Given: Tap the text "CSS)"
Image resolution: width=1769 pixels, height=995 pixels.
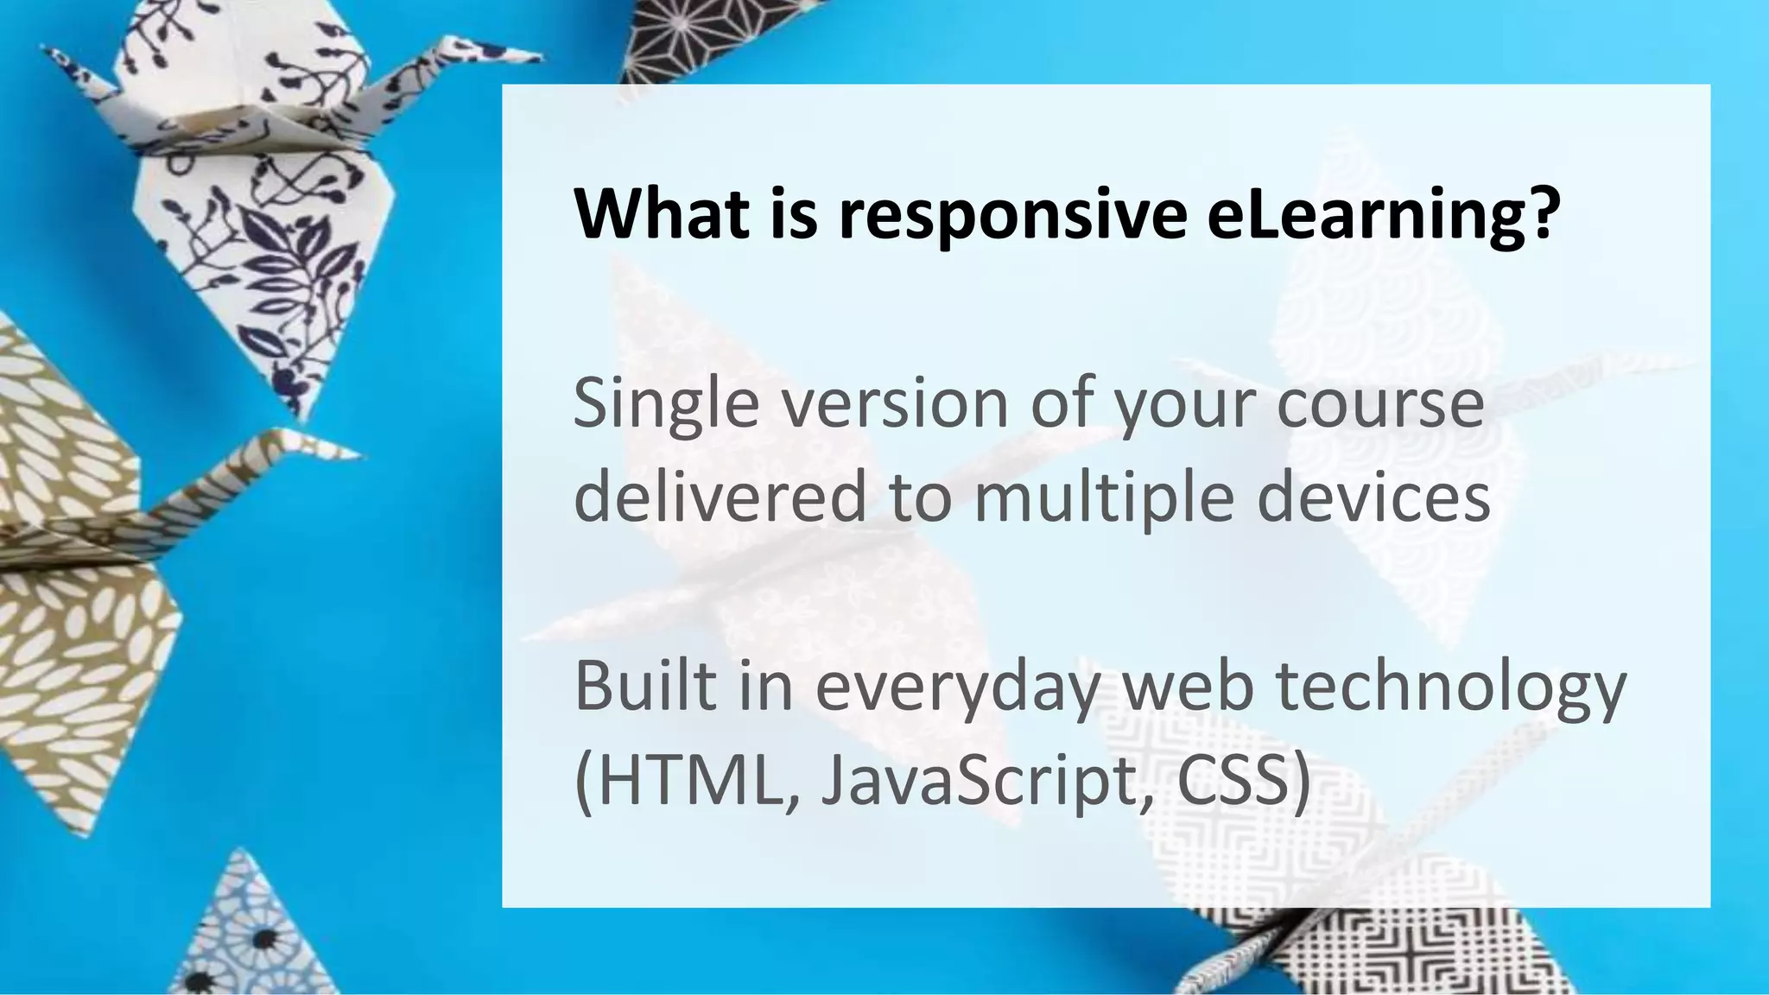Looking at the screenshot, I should pyautogui.click(x=1244, y=780).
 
